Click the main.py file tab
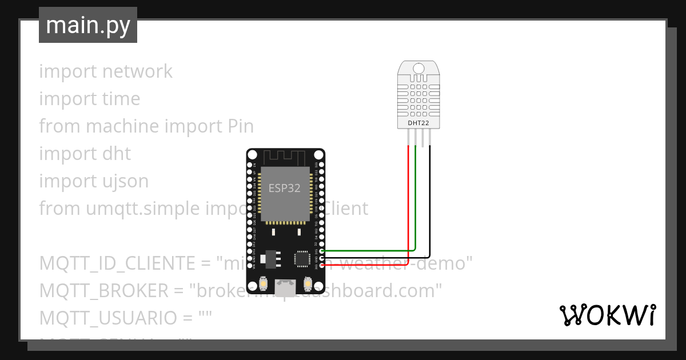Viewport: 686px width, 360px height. point(87,25)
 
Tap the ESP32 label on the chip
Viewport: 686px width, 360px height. point(285,188)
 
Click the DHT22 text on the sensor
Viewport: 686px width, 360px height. point(418,123)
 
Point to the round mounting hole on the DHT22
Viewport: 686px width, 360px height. point(418,69)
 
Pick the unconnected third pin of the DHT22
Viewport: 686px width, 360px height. point(422,138)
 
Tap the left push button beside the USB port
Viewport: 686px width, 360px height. point(264,283)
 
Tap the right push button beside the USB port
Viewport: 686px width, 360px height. point(308,283)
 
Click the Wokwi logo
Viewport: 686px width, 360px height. point(607,315)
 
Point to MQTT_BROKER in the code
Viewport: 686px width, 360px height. point(104,291)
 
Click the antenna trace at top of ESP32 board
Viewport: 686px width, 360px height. point(285,156)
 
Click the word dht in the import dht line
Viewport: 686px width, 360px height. point(117,154)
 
